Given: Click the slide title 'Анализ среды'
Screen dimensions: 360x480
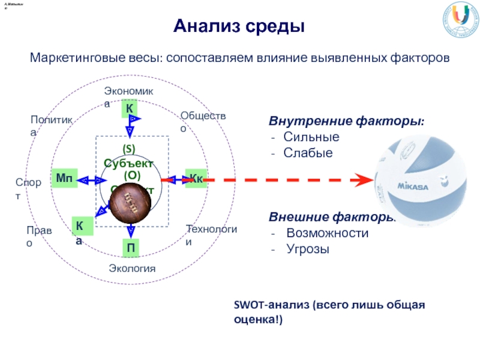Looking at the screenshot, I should (240, 26).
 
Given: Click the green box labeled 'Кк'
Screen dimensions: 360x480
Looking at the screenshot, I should (196, 179).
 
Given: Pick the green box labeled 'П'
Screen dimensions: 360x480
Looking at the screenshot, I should (130, 248).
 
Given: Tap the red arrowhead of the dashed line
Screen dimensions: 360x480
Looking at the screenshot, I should (362, 179).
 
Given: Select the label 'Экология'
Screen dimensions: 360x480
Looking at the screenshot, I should (132, 268).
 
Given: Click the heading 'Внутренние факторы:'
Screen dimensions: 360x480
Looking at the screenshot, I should (346, 122).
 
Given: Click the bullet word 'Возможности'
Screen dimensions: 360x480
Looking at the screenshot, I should (327, 233).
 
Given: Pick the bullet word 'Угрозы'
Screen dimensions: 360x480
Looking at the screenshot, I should (308, 248).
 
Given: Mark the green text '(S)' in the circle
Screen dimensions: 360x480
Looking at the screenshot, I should (129, 148).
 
